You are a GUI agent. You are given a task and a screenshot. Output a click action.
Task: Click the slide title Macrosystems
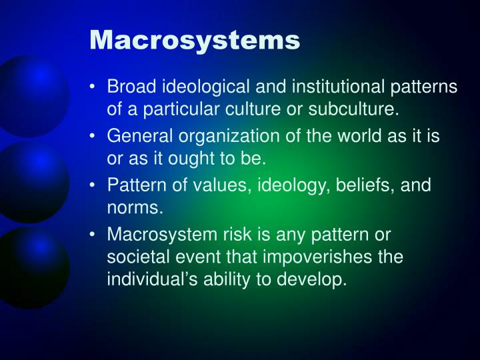pyautogui.click(x=195, y=40)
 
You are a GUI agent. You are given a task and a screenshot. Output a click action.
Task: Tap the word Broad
pyautogui.click(x=129, y=87)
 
